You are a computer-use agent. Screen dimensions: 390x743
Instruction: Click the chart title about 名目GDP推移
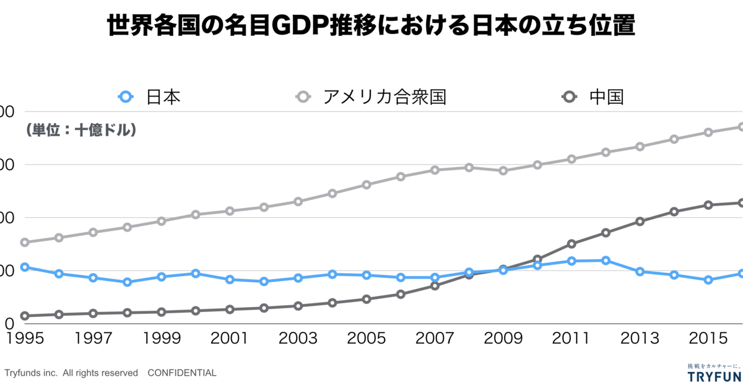[371, 27]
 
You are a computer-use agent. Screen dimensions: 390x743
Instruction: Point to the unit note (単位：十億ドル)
[80, 131]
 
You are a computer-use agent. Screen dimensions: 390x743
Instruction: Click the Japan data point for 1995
[25, 267]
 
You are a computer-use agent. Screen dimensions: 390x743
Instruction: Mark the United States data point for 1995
[25, 242]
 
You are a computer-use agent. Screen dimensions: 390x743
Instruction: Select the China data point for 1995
[25, 316]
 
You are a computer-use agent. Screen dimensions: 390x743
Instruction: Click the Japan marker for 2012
[606, 261]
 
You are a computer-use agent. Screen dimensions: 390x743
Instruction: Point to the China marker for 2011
[571, 244]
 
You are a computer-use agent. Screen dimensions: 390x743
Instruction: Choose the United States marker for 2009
[503, 170]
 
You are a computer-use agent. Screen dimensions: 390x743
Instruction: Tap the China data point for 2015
[708, 205]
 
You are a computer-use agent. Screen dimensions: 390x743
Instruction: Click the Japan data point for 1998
[128, 282]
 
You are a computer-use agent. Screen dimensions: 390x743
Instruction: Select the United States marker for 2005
[367, 184]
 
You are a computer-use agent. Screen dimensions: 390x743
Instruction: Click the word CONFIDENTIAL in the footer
[182, 373]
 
